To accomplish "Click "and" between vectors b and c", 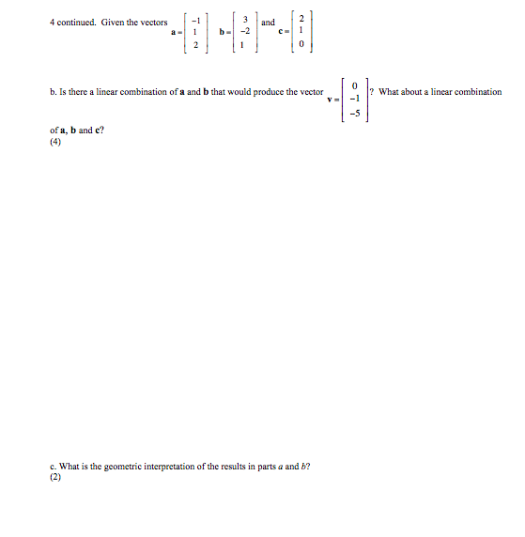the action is [x=269, y=22].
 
